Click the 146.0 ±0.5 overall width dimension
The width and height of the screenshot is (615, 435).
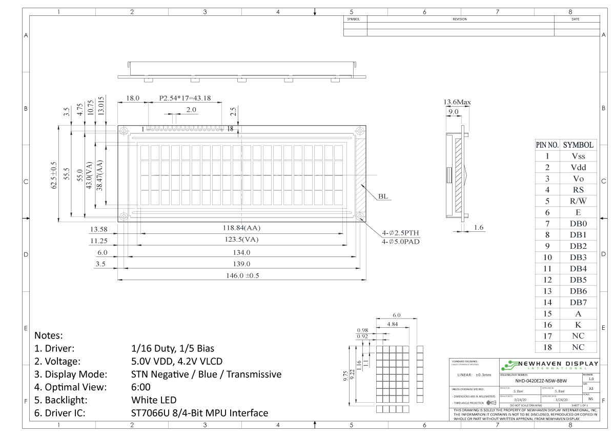tap(242, 275)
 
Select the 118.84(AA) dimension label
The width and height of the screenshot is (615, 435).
tap(242, 228)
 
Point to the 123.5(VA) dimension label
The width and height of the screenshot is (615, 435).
tap(242, 240)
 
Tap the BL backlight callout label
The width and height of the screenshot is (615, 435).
tap(384, 196)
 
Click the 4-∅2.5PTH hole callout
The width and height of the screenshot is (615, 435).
tap(400, 232)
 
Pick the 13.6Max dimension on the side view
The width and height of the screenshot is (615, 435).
tap(457, 102)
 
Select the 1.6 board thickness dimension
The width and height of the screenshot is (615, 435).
tap(479, 227)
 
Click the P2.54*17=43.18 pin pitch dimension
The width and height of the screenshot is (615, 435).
tap(185, 98)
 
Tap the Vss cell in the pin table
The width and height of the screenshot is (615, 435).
tap(578, 156)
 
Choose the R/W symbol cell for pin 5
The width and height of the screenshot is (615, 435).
tap(578, 201)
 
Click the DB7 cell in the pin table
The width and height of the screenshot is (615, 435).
tap(578, 302)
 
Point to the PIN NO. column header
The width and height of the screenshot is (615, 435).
tap(547, 145)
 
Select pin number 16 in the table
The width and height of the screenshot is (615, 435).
tap(547, 325)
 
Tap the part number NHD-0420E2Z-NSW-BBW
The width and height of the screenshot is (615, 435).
tap(541, 381)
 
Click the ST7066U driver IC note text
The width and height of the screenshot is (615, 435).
tap(199, 413)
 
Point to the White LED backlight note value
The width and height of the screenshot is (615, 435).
tap(154, 400)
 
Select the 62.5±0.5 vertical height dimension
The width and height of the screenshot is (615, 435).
tap(54, 175)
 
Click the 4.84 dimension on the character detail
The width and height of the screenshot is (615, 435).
tap(392, 324)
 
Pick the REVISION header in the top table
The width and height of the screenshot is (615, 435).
tap(459, 19)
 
